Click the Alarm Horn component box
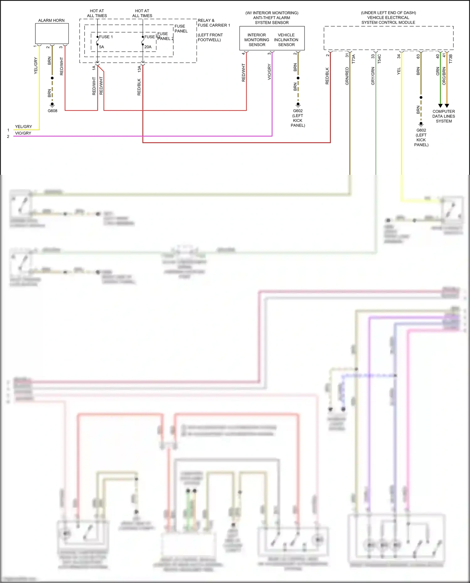tap(52, 34)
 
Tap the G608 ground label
tap(52, 111)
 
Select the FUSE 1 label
tap(106, 37)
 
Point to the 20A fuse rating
tap(148, 47)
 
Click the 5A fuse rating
tap(102, 47)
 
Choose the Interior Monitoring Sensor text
tap(257, 40)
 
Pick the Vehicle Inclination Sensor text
tap(286, 40)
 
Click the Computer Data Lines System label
tap(444, 116)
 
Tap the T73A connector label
tap(353, 59)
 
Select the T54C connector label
tap(379, 59)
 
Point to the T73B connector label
tap(451, 59)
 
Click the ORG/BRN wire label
tap(444, 76)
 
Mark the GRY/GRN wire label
tap(373, 76)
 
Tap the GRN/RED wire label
tap(347, 76)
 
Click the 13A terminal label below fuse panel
tap(139, 69)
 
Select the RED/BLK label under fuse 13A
tap(139, 87)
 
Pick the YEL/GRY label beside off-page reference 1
tap(23, 127)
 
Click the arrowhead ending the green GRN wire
tap(440, 106)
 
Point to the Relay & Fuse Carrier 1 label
tap(214, 23)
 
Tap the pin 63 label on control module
tap(418, 56)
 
